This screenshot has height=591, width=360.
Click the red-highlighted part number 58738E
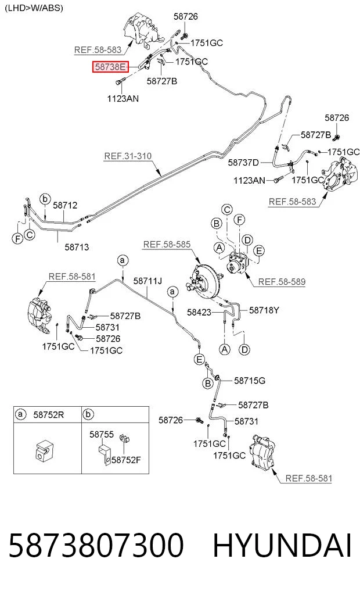coord(110,67)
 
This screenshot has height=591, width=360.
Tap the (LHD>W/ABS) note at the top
coord(34,8)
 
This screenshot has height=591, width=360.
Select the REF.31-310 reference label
coord(128,156)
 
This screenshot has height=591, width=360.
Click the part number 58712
coord(65,205)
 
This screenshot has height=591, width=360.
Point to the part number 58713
coord(77,247)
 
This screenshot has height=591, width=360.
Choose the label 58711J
coord(147,281)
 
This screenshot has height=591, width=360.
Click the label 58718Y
coord(264,310)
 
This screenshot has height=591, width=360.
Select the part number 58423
coord(199,312)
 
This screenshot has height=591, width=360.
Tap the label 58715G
coord(250,381)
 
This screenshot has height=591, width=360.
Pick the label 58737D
coord(243,163)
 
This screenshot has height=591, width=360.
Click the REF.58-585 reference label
coord(167,245)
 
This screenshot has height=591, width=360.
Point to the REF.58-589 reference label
coord(282,282)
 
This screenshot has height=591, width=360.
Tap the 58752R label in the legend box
coord(49,415)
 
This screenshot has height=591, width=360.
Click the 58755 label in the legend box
coord(101,435)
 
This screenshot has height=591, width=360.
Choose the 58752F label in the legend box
coord(126,460)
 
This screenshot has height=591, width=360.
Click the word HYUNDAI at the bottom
coord(282,546)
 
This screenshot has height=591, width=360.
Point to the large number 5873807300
coord(96,546)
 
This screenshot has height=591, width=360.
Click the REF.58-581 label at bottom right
coord(309,479)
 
